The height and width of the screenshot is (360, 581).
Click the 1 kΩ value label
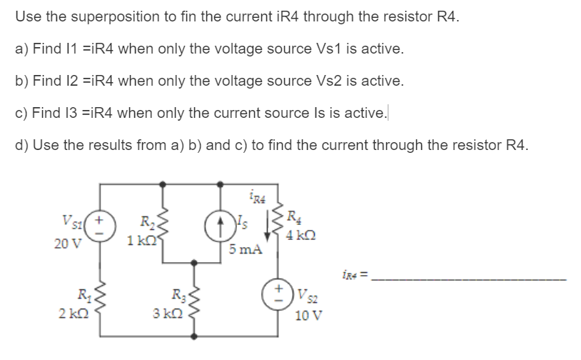(138, 241)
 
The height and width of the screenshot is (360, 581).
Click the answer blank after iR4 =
(471, 277)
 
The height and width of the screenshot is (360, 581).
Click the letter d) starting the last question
(21, 146)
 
